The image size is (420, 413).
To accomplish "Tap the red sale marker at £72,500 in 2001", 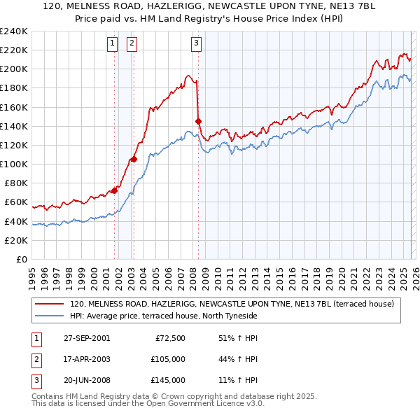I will (x=114, y=190).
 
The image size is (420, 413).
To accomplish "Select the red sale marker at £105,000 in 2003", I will (x=134, y=159).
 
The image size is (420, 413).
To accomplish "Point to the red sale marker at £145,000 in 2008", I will (x=198, y=121).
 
